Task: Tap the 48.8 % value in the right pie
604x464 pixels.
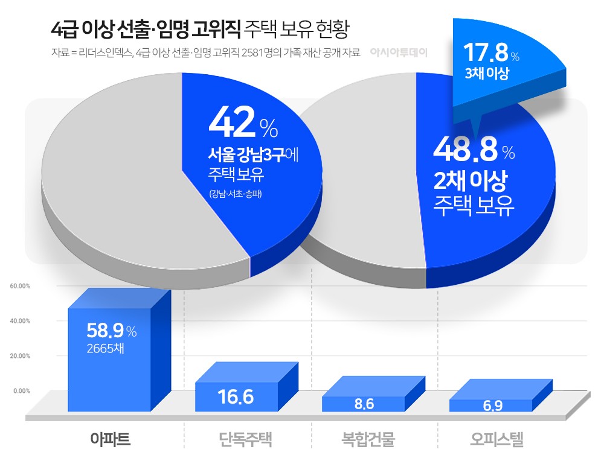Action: (474, 151)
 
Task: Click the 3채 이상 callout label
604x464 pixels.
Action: (487, 74)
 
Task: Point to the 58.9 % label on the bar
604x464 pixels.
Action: (112, 330)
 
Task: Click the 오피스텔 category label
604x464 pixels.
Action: (496, 439)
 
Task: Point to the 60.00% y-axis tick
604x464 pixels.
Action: (20, 286)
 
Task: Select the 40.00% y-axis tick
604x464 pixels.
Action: (20, 321)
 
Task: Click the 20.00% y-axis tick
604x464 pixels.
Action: (20, 356)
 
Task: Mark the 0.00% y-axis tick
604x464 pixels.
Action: (22, 391)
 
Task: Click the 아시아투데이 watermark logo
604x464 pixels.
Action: (399, 52)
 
